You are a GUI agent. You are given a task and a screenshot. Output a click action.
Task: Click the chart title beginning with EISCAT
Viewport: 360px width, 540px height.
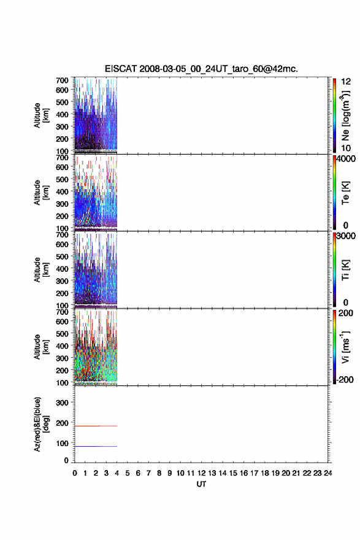click(201, 69)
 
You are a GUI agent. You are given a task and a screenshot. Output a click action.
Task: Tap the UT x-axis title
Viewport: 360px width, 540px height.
click(201, 484)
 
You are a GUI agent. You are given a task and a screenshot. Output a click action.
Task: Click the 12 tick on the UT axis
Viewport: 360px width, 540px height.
click(202, 473)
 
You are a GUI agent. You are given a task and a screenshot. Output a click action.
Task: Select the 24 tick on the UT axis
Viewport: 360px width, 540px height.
click(328, 473)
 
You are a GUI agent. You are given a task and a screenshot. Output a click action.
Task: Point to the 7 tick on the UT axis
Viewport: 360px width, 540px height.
click(148, 473)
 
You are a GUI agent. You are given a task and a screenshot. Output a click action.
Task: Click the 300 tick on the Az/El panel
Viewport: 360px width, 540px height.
click(62, 403)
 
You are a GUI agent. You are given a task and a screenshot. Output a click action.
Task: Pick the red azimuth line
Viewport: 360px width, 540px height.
click(96, 426)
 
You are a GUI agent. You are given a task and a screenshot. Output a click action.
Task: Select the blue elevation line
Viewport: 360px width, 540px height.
click(96, 446)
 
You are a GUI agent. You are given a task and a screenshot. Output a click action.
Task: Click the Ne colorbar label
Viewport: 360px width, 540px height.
click(345, 116)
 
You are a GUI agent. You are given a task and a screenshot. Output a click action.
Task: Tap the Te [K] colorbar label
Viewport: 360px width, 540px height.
click(345, 193)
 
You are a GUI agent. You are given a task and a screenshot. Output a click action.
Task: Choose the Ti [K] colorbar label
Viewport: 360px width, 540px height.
click(345, 270)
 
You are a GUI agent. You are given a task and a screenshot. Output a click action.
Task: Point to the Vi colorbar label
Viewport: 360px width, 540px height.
click(345, 347)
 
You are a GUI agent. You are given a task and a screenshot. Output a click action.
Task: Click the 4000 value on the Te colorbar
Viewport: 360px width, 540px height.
click(346, 159)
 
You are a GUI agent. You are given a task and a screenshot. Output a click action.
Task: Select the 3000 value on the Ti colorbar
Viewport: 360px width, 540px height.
click(346, 236)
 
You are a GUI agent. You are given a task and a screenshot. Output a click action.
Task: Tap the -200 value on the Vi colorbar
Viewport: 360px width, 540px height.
click(345, 379)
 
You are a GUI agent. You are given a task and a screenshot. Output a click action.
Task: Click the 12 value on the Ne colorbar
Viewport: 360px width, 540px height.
click(346, 82)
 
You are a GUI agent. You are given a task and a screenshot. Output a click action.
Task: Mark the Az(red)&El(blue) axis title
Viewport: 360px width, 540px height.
click(41, 424)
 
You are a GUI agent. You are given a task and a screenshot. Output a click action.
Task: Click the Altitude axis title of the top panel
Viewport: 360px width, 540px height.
click(41, 115)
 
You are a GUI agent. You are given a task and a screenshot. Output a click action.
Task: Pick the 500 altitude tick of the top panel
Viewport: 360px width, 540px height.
click(62, 102)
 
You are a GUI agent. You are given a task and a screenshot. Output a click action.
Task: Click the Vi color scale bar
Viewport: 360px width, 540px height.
click(334, 347)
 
